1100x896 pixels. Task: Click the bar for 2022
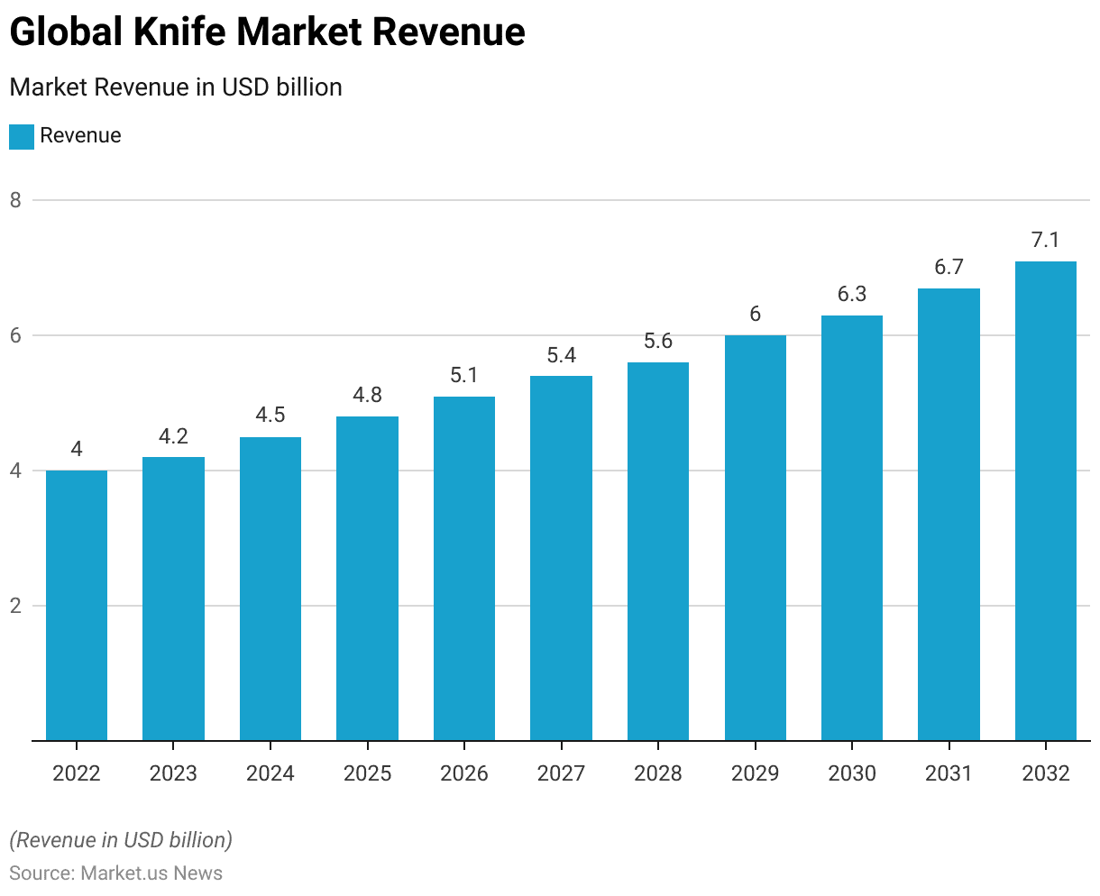(x=77, y=606)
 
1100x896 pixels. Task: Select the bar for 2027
(x=561, y=559)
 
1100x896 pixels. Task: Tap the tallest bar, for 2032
(x=1045, y=501)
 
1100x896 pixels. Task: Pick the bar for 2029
(x=755, y=538)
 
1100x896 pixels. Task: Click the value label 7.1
(x=1045, y=241)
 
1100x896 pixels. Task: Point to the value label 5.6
(x=658, y=342)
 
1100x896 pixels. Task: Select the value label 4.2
(x=173, y=436)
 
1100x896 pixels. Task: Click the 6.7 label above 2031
(x=949, y=268)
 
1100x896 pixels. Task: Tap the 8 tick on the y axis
(x=15, y=200)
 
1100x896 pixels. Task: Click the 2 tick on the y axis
(x=15, y=606)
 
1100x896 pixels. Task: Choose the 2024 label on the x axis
(x=270, y=773)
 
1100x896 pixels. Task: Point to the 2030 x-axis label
(x=852, y=773)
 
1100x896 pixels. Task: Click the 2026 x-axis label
(x=464, y=773)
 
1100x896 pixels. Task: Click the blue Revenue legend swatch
(x=22, y=136)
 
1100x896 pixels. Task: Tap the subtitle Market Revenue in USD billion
(x=176, y=87)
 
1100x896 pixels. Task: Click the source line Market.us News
(x=115, y=873)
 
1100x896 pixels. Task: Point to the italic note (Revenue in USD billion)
(x=121, y=840)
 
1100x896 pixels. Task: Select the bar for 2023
(x=173, y=599)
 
